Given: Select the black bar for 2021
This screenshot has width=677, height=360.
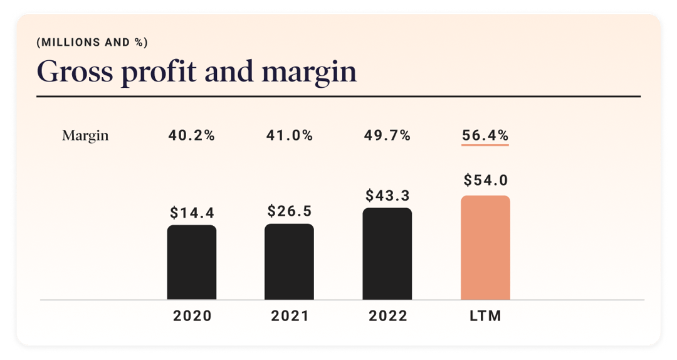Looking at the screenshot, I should (289, 262).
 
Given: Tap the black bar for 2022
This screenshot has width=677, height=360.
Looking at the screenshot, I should (387, 253).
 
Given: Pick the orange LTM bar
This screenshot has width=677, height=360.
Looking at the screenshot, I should (485, 248).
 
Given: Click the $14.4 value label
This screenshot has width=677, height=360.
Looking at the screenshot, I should (192, 213).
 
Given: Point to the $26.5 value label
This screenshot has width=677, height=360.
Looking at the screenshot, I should (290, 210).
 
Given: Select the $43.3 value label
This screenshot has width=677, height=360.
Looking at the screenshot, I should (387, 195).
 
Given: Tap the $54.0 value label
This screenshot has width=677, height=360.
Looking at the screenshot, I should (486, 181).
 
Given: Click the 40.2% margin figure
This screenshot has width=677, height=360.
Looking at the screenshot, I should (192, 135).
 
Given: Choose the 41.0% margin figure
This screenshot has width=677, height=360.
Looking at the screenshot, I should (290, 135).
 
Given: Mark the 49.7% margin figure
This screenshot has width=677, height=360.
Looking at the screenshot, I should (387, 135).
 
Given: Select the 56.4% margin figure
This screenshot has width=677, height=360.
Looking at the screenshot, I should (485, 135).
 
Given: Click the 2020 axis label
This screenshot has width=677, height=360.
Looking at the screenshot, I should (192, 316).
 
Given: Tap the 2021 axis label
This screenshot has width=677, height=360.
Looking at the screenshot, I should (290, 316).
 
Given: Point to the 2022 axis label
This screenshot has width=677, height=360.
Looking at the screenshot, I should (387, 316).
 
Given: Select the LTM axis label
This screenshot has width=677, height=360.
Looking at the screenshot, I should (485, 316).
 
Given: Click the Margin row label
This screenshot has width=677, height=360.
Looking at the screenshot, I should (85, 136).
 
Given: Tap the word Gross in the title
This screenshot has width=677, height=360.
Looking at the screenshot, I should (75, 71).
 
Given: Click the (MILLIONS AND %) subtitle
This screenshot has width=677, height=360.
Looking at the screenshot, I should (92, 43).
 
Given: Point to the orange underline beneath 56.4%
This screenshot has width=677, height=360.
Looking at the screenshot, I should (485, 146).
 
